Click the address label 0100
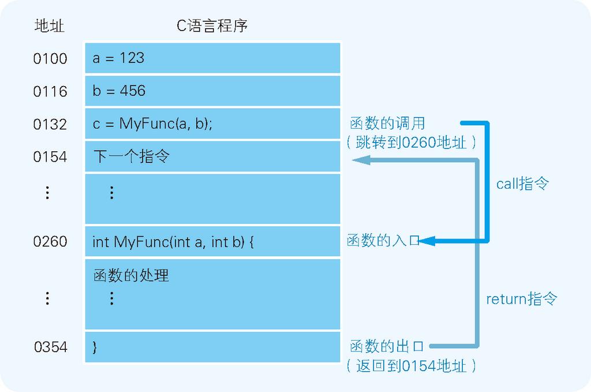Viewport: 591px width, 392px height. coord(50,58)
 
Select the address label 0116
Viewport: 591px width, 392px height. coord(50,91)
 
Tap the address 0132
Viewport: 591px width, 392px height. coord(50,124)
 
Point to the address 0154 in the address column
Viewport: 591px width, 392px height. coord(50,157)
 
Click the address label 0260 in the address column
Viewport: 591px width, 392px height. coord(50,241)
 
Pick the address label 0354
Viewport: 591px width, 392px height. coord(51,347)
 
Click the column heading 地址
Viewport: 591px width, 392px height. coord(50,26)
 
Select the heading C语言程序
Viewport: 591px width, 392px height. coord(212,25)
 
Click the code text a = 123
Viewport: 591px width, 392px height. coord(118,58)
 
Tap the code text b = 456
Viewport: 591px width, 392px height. coord(119,91)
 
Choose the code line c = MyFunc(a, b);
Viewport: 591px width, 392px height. coord(152,124)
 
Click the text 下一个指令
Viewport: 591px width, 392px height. coord(132,156)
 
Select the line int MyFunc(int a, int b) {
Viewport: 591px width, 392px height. coord(173,241)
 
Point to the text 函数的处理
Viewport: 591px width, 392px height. coord(131,275)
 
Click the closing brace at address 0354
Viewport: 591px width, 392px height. coord(95,347)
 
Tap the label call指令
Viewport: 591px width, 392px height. coord(522,184)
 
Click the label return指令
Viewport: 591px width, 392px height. coord(522,298)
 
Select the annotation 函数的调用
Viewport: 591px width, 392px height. coord(387,123)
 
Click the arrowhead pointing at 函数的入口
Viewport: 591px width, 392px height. coord(427,241)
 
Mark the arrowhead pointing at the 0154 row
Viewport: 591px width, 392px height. coord(361,160)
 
